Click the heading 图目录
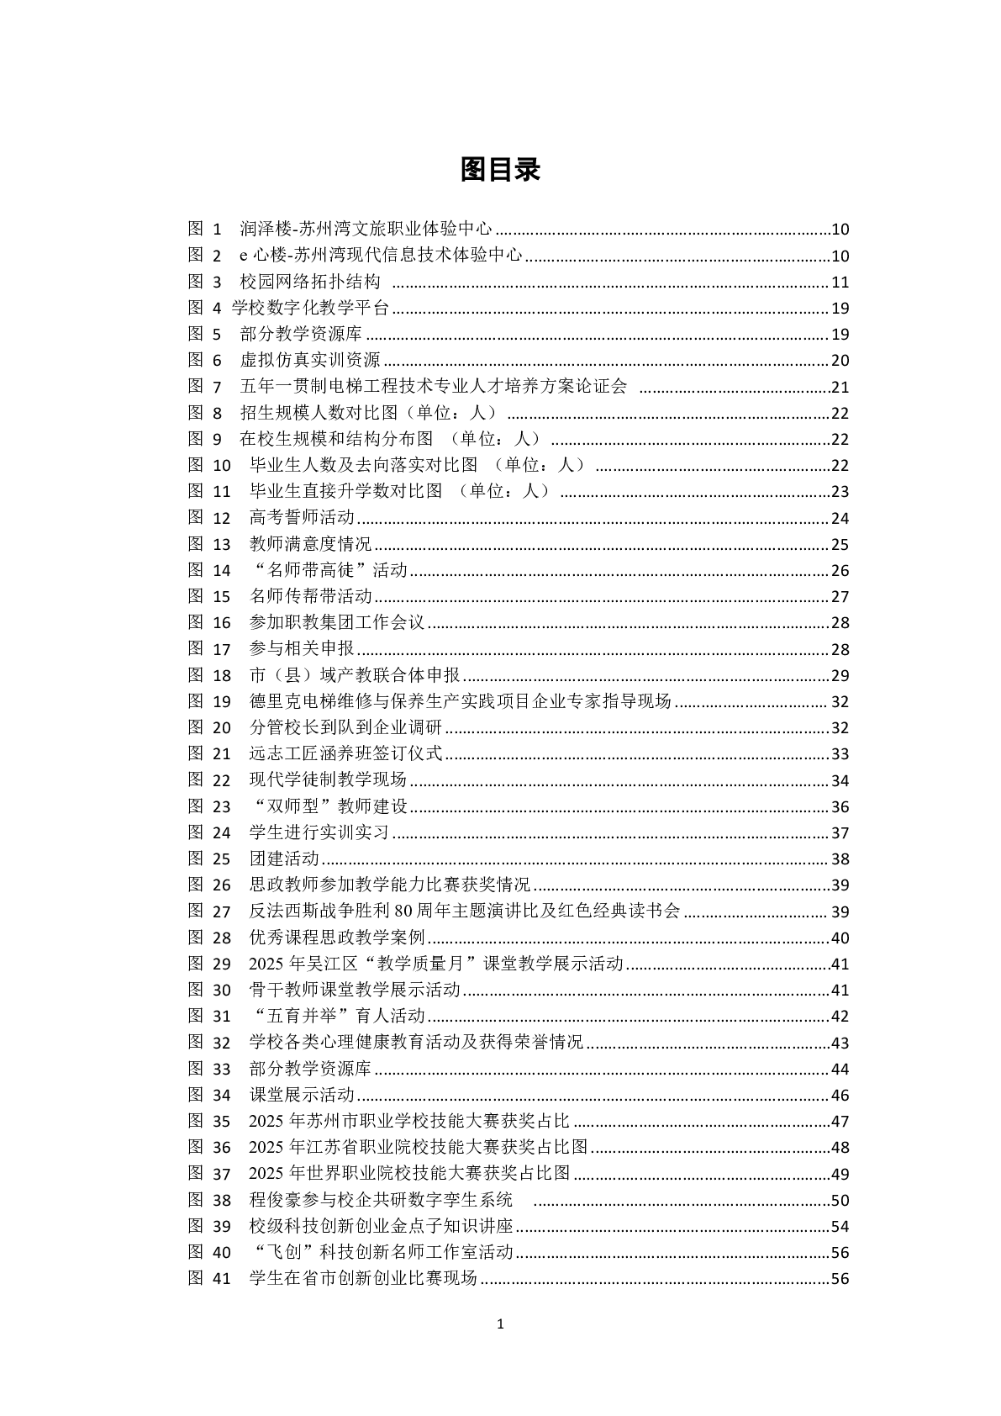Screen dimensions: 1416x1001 pyautogui.click(x=500, y=170)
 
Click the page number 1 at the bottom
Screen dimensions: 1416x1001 pyautogui.click(x=501, y=1324)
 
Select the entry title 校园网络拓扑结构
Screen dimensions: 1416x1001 pyautogui.click(x=310, y=282)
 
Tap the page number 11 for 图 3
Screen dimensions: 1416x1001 pyautogui.click(x=840, y=283)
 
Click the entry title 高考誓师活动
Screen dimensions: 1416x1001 pyautogui.click(x=302, y=517)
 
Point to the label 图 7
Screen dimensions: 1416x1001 pyautogui.click(x=205, y=387)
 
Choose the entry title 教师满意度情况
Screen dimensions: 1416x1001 pyautogui.click(x=310, y=544)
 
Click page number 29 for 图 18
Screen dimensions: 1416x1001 pyautogui.click(x=840, y=675)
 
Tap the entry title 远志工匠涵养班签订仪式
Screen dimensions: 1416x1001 pyautogui.click(x=345, y=753)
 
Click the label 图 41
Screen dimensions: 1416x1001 pyautogui.click(x=209, y=1278)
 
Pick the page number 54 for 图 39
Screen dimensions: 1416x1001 pyautogui.click(x=840, y=1226)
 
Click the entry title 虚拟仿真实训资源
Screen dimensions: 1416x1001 pyautogui.click(x=310, y=361)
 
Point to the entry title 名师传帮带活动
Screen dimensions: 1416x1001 pyautogui.click(x=311, y=596)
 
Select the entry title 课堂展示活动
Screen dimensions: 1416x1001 pyautogui.click(x=302, y=1095)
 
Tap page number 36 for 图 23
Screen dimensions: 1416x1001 pyautogui.click(x=840, y=807)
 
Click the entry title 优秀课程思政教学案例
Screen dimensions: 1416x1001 pyautogui.click(x=337, y=938)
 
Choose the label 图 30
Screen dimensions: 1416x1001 pyautogui.click(x=209, y=990)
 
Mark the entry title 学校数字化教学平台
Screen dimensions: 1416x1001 pyautogui.click(x=310, y=308)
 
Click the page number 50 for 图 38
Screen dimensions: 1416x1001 pyautogui.click(x=840, y=1200)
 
